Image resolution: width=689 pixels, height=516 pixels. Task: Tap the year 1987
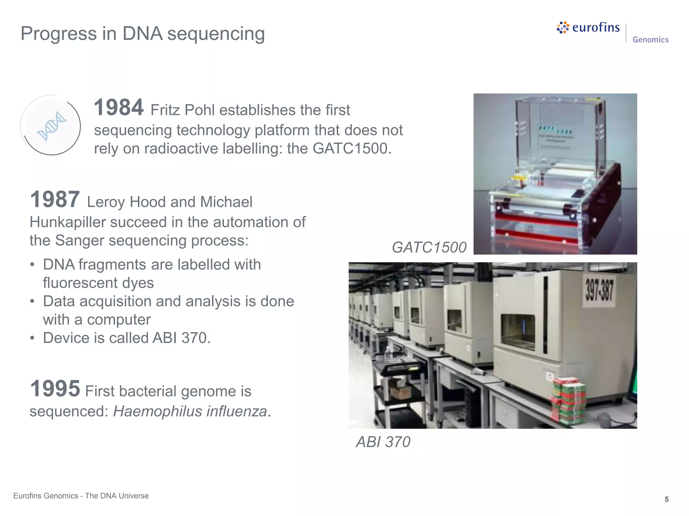click(55, 199)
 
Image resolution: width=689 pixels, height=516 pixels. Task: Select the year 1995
click(55, 389)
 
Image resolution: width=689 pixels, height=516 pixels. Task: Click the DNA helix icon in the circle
click(51, 126)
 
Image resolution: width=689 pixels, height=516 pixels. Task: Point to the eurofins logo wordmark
click(595, 28)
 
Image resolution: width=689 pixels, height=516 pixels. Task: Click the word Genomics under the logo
click(650, 40)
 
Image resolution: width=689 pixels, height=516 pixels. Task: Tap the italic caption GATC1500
click(429, 248)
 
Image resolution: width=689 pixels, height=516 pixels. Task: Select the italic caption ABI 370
click(383, 442)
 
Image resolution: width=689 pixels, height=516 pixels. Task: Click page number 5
click(666, 500)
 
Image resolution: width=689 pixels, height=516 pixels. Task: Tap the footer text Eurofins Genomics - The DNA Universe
click(81, 496)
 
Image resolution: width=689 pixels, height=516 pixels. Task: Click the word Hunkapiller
click(68, 222)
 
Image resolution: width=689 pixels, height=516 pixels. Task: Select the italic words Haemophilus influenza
click(190, 412)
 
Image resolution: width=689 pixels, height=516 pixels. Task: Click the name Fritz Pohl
click(182, 110)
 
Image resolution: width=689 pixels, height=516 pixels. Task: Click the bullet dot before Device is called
click(32, 338)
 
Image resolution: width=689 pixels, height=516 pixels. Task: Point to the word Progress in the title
click(59, 34)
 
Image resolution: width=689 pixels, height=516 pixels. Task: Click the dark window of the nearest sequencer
click(518, 332)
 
